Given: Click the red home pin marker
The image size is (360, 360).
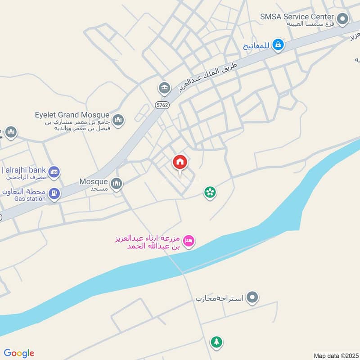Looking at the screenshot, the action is [x=180, y=163].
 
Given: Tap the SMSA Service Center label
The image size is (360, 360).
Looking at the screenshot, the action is [x=297, y=17].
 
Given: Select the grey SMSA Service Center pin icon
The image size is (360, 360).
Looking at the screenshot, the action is [x=343, y=19].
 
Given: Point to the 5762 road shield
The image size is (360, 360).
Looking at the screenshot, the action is [x=162, y=105].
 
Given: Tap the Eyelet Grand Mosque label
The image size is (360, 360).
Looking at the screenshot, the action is [x=72, y=115].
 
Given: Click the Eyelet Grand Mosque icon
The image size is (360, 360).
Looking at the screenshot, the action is [x=118, y=120].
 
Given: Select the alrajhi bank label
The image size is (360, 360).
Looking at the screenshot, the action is [x=24, y=170].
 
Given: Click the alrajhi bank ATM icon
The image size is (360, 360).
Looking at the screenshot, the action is [x=54, y=172].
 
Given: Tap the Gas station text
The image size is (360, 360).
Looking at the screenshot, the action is [x=30, y=199].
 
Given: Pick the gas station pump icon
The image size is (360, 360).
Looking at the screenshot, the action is [x=54, y=194].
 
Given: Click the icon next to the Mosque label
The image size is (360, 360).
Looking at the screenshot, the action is [x=117, y=184].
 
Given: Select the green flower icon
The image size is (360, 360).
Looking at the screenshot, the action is [x=210, y=193].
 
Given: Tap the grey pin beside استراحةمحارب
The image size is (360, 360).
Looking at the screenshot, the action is [x=253, y=297].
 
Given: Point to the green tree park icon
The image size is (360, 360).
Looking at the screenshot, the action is [x=216, y=342].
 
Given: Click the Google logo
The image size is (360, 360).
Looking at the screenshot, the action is [x=19, y=353].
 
